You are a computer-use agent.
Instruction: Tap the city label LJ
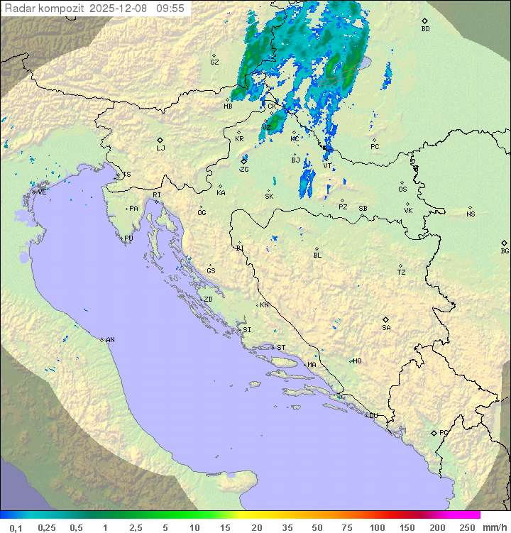(x=160, y=148)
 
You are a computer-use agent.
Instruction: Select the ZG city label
(x=244, y=170)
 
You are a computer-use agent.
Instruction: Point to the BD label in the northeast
(x=425, y=29)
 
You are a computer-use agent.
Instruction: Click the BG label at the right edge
(x=505, y=251)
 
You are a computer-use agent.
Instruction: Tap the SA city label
(x=386, y=328)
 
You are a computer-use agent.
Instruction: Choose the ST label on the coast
(x=281, y=348)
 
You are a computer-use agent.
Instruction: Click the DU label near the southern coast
(x=373, y=416)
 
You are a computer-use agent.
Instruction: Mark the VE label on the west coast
(x=42, y=192)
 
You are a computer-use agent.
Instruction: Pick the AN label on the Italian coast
(x=110, y=340)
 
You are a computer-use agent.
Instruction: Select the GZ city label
(x=214, y=62)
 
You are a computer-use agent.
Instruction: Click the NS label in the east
(x=471, y=214)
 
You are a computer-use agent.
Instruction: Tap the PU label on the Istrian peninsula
(x=128, y=238)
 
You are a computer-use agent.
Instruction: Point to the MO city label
(x=358, y=361)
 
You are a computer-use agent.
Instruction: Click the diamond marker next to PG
(x=434, y=432)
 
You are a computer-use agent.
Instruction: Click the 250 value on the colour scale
(x=467, y=527)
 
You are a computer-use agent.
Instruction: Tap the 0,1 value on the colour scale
(x=16, y=527)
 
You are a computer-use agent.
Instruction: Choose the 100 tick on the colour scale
(x=378, y=527)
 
